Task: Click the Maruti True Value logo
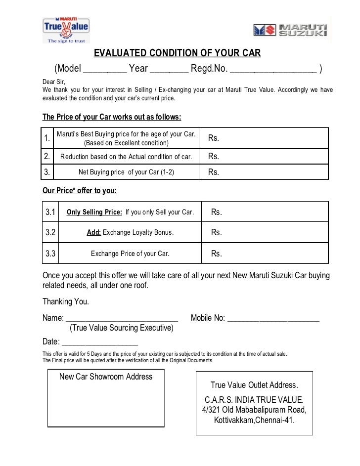pos(66,28)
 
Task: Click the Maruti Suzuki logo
pos(290,30)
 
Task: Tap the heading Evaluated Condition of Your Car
pos(178,53)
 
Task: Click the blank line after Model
pos(105,69)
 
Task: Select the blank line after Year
pos(169,69)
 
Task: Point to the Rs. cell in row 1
pos(264,138)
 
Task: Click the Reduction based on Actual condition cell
pos(126,157)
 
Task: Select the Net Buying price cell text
pos(126,172)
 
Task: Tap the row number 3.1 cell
pos(50,212)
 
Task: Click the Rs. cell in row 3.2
pos(265,232)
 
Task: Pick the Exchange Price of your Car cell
pos(130,254)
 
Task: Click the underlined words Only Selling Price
pos(94,212)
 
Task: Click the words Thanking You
pos(66,301)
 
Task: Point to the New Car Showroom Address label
pos(106,377)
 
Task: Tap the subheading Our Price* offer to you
pos(80,190)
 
